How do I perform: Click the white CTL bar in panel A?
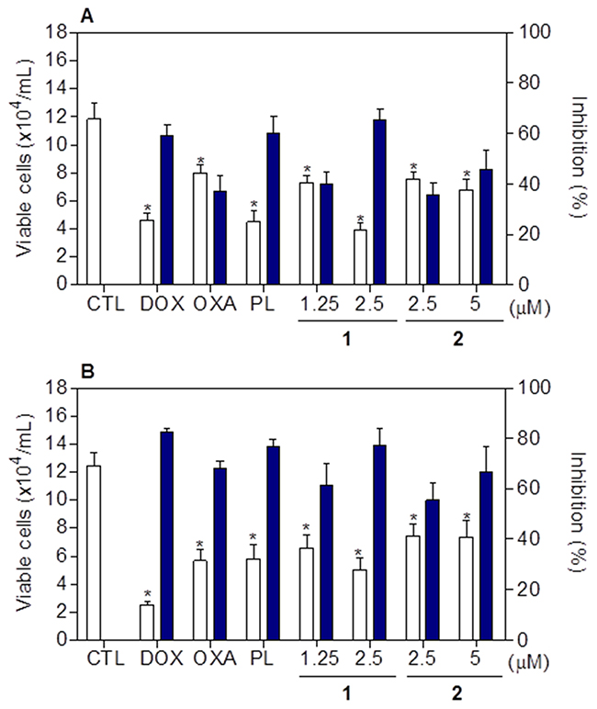tap(93, 201)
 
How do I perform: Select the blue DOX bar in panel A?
tap(166, 210)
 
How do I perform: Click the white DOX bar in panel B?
tap(146, 622)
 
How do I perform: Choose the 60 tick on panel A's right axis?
tap(522, 133)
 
